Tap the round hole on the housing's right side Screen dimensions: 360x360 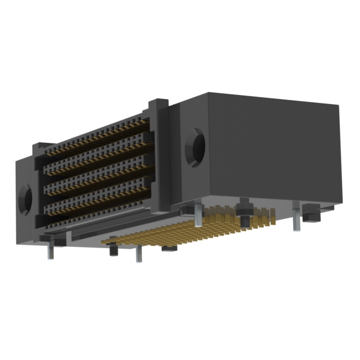(196, 147)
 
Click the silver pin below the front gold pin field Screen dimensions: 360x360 (139, 255)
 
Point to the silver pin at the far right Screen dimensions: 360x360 (296, 223)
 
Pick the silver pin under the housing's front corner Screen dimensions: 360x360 (199, 217)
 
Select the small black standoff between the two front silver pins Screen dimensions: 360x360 (112, 247)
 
